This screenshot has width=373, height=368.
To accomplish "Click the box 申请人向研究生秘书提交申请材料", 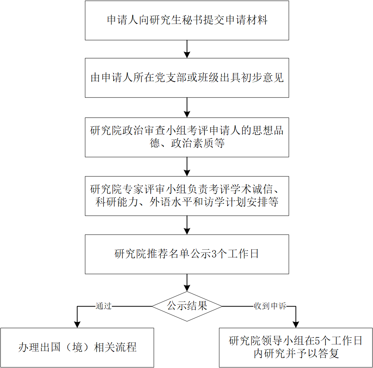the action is click(187, 20).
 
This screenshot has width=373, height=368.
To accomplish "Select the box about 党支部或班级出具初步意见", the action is click(187, 78).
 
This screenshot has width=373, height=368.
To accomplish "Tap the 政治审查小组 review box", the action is click(187, 137).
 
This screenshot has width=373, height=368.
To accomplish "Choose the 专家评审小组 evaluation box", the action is click(187, 196).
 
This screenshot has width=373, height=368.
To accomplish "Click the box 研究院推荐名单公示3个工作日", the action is click(187, 254).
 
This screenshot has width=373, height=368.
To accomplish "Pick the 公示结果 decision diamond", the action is click(187, 307).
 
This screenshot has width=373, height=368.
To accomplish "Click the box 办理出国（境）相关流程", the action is click(77, 348).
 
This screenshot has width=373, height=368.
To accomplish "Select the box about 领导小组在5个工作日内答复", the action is click(296, 348).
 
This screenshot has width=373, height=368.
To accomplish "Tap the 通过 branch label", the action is click(104, 306).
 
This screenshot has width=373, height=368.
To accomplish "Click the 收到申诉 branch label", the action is click(270, 306).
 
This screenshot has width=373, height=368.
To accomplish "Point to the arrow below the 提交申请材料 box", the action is click(187, 49).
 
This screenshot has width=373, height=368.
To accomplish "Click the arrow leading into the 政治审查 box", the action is click(187, 107).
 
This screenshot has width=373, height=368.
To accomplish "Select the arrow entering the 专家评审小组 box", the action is click(187, 167).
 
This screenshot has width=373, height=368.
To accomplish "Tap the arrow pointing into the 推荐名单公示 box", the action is click(187, 225).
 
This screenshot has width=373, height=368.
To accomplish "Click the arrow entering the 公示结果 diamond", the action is click(187, 283).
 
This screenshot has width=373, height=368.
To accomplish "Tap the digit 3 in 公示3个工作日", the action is click(214, 254).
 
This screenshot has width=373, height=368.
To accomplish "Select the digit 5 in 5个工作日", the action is click(317, 341).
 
